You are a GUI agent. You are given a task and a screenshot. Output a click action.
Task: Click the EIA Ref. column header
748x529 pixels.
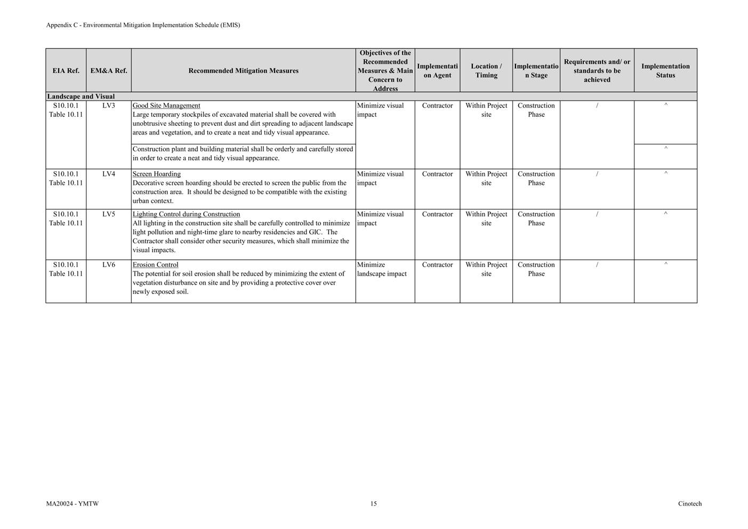[66, 70]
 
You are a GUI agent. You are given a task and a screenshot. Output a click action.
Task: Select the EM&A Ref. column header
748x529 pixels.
[109, 70]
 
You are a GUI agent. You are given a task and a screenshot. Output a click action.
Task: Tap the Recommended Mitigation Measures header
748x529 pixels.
[243, 70]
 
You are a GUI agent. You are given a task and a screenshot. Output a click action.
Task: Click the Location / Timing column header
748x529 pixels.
[486, 70]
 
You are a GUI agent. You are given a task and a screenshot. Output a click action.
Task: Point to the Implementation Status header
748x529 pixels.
[665, 70]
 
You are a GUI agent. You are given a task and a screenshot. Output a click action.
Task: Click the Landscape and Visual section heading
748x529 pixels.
[81, 97]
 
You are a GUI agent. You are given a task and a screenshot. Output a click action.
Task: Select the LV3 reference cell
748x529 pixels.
[109, 106]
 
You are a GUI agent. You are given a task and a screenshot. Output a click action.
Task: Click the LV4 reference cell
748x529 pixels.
[109, 174]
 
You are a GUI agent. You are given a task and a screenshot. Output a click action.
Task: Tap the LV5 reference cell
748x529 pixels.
[109, 214]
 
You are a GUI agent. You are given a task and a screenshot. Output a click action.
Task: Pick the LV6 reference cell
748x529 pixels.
[109, 265]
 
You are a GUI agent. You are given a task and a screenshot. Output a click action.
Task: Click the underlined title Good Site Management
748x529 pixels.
[166, 106]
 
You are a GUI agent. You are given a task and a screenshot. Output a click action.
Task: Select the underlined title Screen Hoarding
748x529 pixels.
[157, 174]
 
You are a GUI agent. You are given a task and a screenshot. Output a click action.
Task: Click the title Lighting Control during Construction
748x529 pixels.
[186, 214]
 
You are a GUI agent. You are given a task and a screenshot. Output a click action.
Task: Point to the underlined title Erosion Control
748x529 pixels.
[156, 265]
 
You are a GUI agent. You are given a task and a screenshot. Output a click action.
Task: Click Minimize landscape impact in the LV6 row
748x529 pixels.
[382, 269]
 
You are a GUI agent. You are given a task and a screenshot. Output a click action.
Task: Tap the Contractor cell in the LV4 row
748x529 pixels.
[437, 174]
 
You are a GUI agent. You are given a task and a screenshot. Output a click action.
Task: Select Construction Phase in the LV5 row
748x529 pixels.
[536, 219]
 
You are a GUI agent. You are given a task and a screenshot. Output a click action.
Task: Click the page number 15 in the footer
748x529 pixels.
[374, 504]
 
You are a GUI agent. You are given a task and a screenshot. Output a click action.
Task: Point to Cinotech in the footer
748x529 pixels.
[690, 504]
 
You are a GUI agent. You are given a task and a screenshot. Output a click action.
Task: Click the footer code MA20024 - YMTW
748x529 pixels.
[73, 504]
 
